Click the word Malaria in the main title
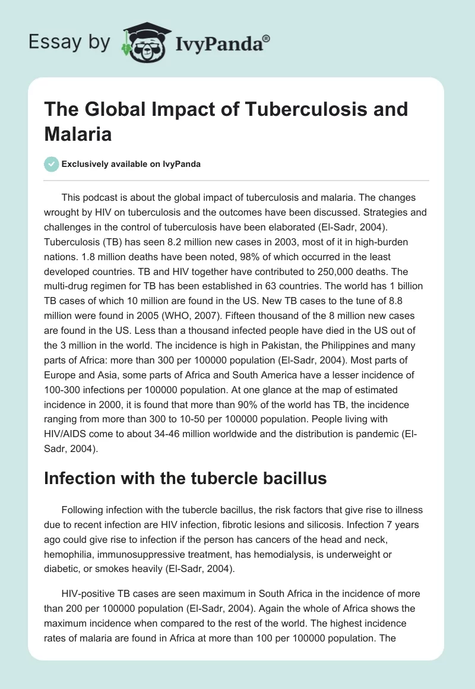point(77,134)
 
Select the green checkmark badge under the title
point(51,164)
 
